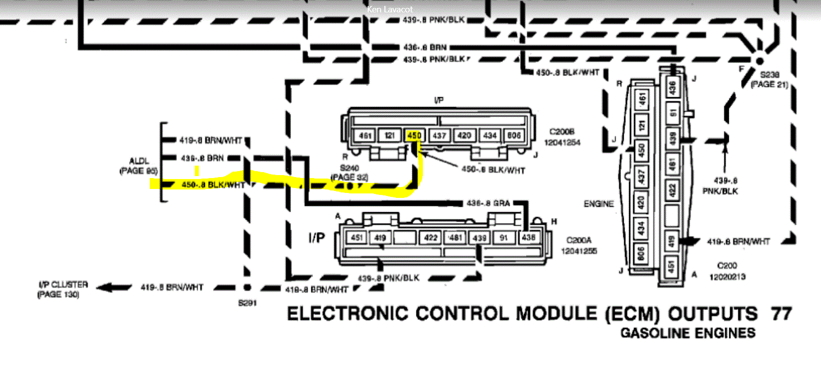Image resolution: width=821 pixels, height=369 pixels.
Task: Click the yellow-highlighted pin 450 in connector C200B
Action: pyautogui.click(x=414, y=135)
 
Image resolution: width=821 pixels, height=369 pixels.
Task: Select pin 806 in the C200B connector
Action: pyautogui.click(x=514, y=135)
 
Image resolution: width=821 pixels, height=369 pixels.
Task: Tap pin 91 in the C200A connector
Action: pyautogui.click(x=504, y=238)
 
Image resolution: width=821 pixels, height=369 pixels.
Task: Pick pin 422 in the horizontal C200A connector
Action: pyautogui.click(x=431, y=238)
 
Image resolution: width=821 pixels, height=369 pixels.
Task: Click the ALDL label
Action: pyautogui.click(x=139, y=161)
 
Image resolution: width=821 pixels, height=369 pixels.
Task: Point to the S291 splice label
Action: pyautogui.click(x=247, y=303)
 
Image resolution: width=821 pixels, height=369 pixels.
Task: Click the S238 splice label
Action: pyautogui.click(x=769, y=75)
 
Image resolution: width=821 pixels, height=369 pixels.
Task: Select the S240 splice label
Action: pyautogui.click(x=350, y=168)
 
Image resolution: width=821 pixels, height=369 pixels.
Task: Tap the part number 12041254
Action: pyautogui.click(x=562, y=143)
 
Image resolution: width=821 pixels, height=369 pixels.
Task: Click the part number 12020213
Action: pyautogui.click(x=727, y=277)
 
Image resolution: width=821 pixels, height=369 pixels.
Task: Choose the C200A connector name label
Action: pyautogui.click(x=579, y=240)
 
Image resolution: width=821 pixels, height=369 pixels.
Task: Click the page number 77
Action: pyautogui.click(x=781, y=314)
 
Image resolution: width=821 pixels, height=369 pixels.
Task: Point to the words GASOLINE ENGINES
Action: pyautogui.click(x=688, y=333)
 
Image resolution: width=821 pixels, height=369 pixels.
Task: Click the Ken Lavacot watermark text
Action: pyautogui.click(x=390, y=9)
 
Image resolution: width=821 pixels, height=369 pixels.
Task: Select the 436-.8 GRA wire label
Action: pyautogui.click(x=488, y=203)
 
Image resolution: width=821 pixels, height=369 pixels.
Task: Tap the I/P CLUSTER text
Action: pyautogui.click(x=63, y=285)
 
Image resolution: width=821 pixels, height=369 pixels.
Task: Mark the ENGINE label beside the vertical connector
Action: pyautogui.click(x=598, y=204)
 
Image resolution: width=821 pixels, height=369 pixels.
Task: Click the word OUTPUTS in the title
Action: pyautogui.click(x=712, y=314)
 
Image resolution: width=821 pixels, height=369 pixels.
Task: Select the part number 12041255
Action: pyautogui.click(x=579, y=251)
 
